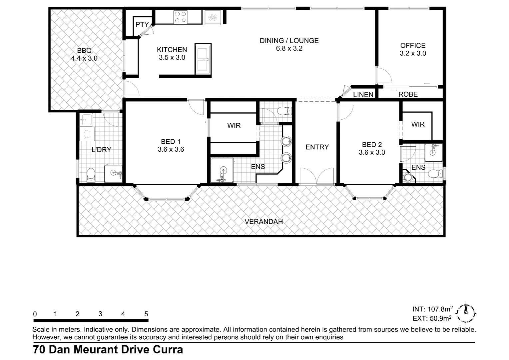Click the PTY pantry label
coord(142,25)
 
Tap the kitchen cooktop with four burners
coord(180,17)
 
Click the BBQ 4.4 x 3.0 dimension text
coord(84,58)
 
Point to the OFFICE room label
coord(413,46)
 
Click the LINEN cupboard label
coord(363,95)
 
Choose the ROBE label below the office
coord(408,94)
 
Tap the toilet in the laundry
coord(91,175)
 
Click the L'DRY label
coord(101,150)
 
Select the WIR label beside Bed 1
coord(234,126)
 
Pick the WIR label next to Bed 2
coord(418,124)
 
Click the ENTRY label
coord(317,147)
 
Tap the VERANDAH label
coord(263,222)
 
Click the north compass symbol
coord(466,313)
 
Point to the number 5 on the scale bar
coord(146,314)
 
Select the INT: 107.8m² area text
coord(432,309)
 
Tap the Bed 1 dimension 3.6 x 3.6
coord(171,150)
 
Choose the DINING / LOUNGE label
coord(289,41)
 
